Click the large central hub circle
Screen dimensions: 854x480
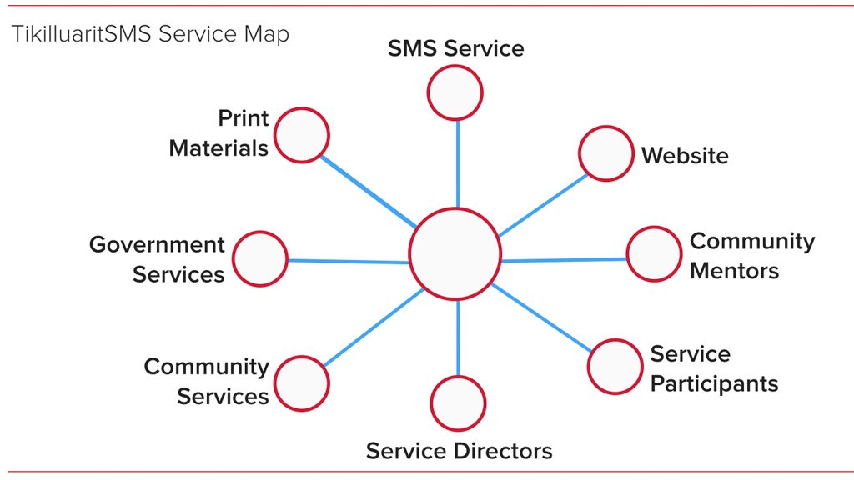[x=455, y=253]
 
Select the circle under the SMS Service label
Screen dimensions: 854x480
[x=455, y=92]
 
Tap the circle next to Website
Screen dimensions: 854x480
[x=605, y=153]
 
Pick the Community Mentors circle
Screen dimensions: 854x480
[x=654, y=253]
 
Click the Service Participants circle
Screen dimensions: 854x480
[x=615, y=367]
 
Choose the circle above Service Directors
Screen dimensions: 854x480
[x=458, y=403]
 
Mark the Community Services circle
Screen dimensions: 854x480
[x=301, y=383]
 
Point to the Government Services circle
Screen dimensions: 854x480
[x=260, y=258]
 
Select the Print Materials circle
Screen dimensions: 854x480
[x=301, y=135]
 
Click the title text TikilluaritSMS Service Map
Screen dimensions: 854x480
[x=150, y=33]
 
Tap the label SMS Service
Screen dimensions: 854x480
[x=456, y=48]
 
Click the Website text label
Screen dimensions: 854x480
[x=685, y=156]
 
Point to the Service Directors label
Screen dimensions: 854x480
[x=460, y=451]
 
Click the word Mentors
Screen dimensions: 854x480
[x=734, y=271]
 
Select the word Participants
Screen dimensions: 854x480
[x=714, y=384]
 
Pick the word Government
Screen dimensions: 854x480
[x=157, y=244]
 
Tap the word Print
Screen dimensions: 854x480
[x=244, y=118]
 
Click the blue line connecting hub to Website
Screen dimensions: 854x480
[x=543, y=205]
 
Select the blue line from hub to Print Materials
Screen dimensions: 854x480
[x=368, y=192]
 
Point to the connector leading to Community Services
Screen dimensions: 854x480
[x=373, y=327]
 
